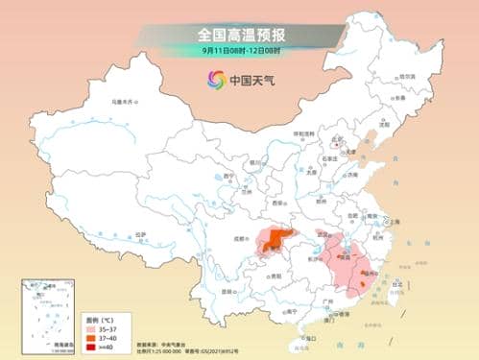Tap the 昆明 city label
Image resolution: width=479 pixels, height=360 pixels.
227,291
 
